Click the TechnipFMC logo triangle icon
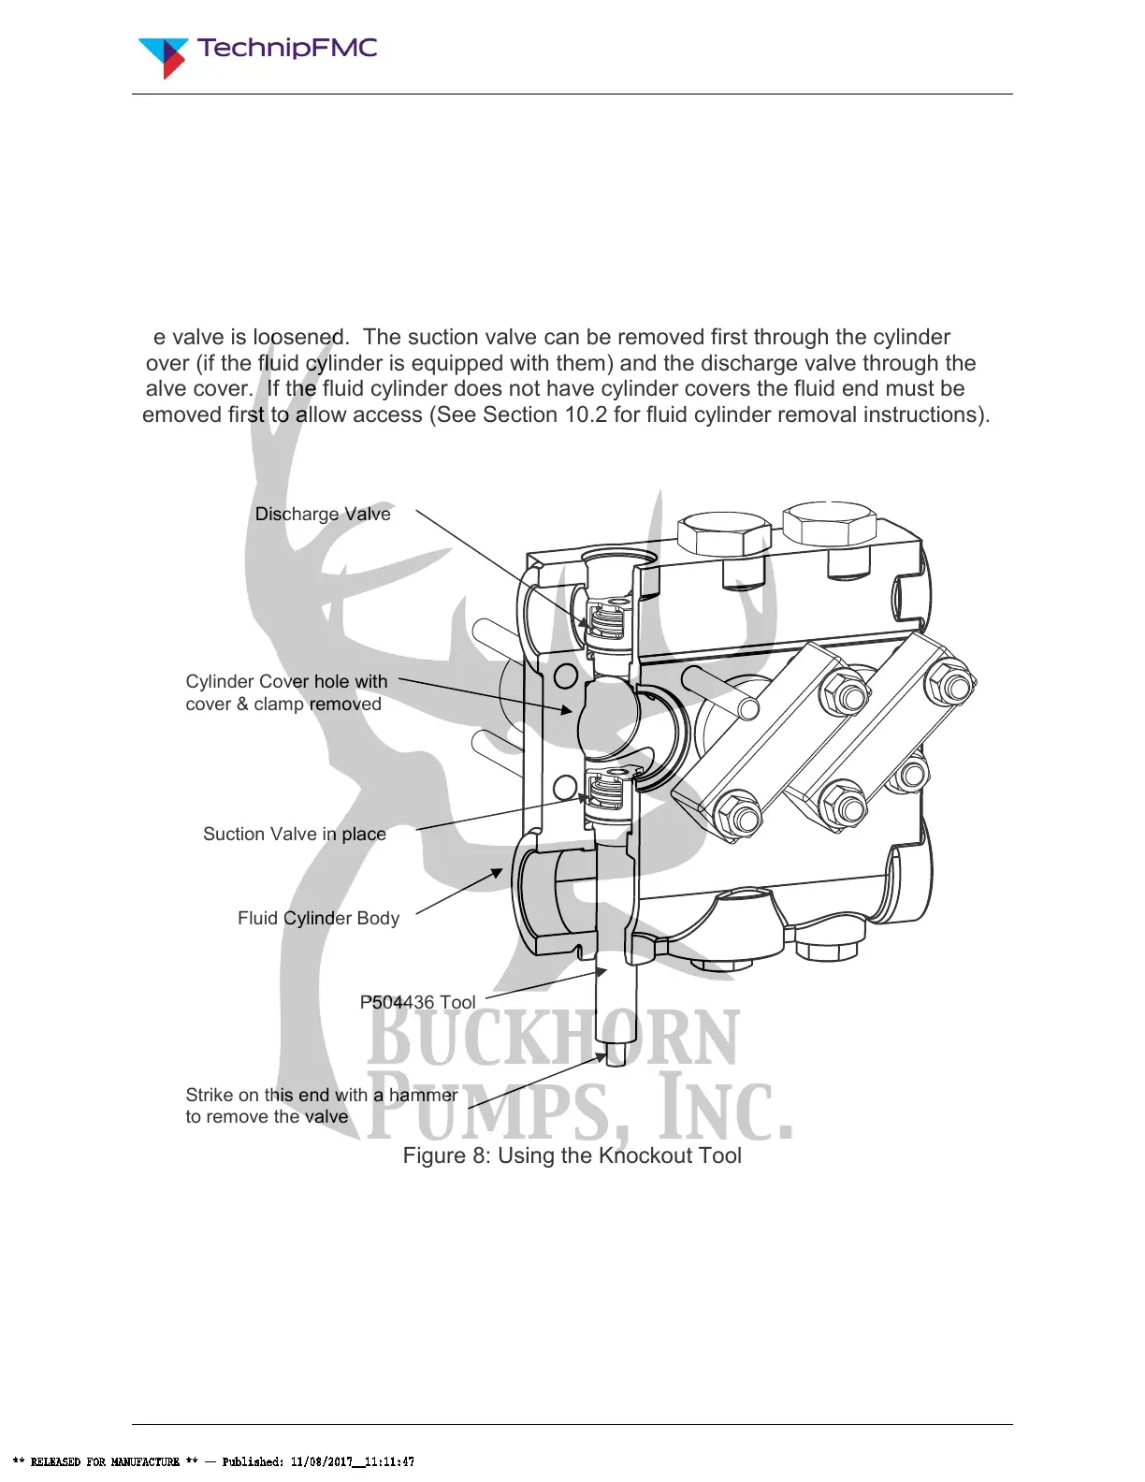[x=163, y=55]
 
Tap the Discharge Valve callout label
[x=323, y=514]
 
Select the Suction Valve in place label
[x=295, y=834]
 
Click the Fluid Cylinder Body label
[x=318, y=918]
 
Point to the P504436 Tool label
[x=417, y=1002]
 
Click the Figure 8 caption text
[x=572, y=1155]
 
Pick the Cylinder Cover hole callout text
[x=285, y=692]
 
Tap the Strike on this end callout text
[x=321, y=1105]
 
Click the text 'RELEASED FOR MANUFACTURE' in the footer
[x=105, y=1461]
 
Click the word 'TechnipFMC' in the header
[x=287, y=48]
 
